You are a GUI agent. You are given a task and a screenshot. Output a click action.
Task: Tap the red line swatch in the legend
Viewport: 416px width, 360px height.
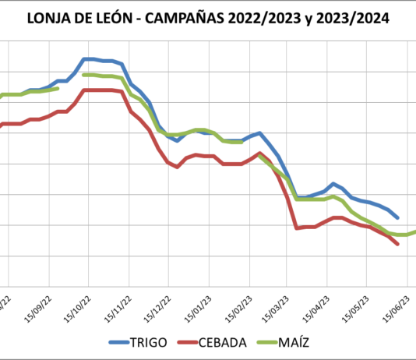pyautogui.click(x=186, y=343)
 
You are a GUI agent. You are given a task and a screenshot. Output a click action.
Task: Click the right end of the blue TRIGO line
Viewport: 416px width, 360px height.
pyautogui.click(x=398, y=217)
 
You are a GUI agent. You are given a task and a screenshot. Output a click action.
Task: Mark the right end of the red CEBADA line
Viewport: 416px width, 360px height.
pyautogui.click(x=398, y=244)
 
